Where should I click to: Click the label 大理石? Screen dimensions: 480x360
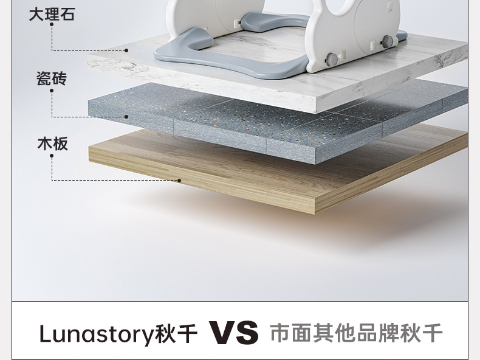tap(52, 14)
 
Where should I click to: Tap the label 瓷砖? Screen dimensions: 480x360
tap(52, 79)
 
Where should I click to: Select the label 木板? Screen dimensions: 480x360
tap(52, 144)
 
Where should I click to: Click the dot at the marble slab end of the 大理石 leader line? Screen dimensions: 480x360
tap(127, 50)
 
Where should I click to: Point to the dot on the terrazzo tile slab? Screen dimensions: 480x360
tap(127, 116)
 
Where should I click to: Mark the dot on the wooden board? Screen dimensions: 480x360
tap(179, 181)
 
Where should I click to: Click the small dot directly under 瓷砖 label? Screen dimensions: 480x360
tap(52, 91)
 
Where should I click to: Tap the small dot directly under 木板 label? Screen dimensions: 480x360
tap(52, 156)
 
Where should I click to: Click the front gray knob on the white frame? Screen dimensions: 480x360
tap(332, 60)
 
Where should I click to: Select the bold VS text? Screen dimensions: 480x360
tap(234, 333)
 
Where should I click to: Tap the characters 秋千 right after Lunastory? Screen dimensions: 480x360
tap(173, 334)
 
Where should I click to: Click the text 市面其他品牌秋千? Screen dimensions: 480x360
tap(356, 333)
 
